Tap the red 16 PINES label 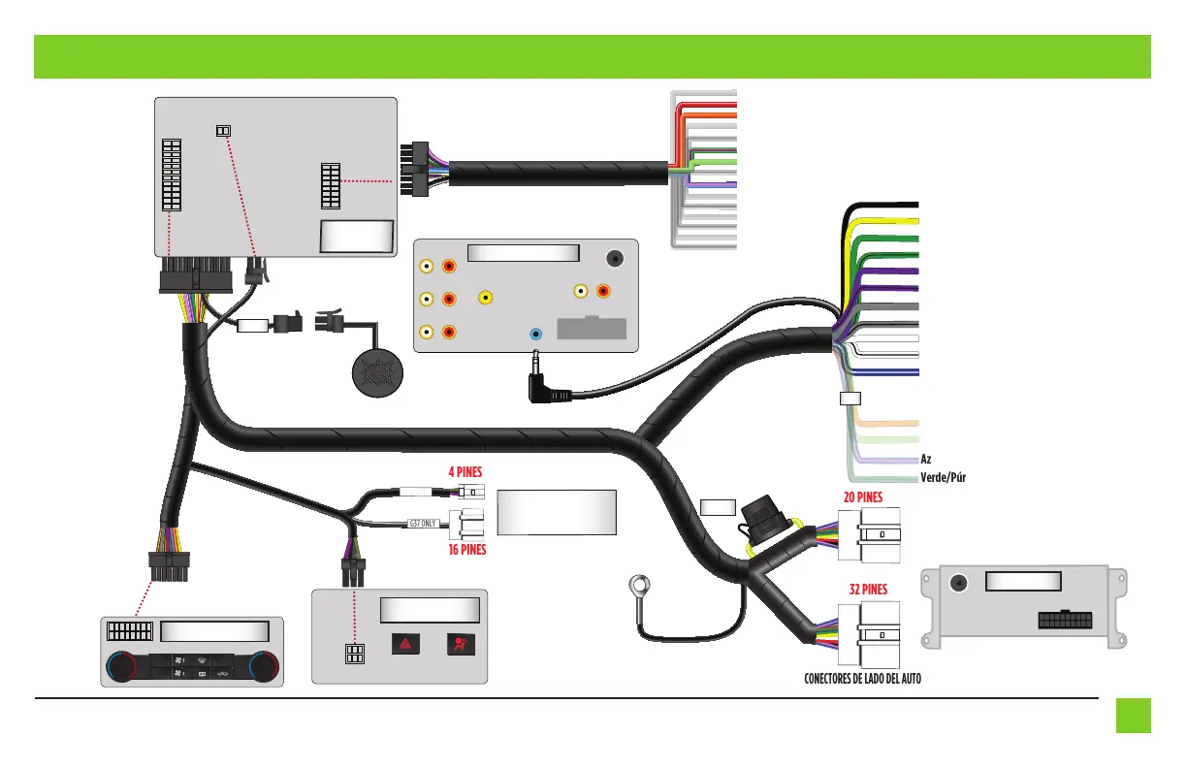point(466,549)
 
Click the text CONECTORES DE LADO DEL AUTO point(862,679)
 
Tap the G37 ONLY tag point(425,524)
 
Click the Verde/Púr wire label point(943,477)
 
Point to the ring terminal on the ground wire point(637,587)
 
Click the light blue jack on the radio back point(536,334)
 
